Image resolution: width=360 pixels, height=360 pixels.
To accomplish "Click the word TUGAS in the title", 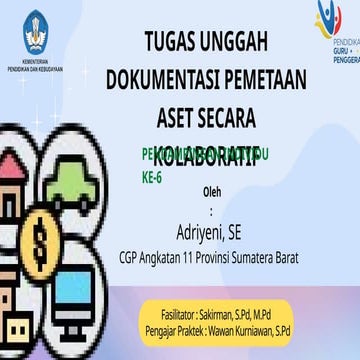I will [x=173, y=42].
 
